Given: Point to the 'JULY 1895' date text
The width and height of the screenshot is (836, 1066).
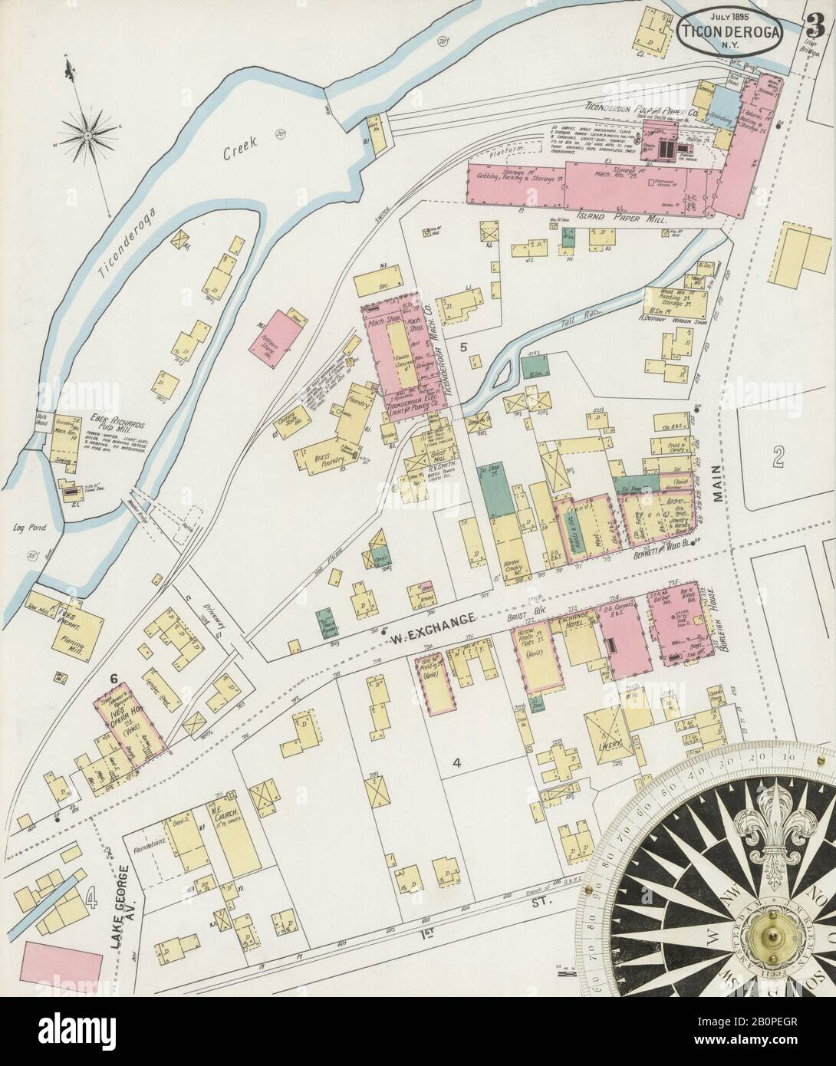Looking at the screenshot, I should (729, 16).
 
